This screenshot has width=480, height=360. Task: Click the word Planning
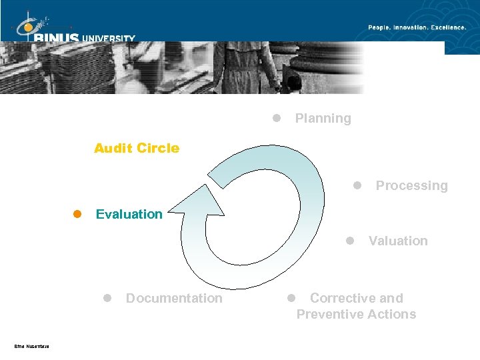pyautogui.click(x=323, y=119)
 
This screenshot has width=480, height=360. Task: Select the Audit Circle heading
pyautogui.click(x=137, y=148)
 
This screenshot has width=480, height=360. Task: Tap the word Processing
pyautogui.click(x=411, y=186)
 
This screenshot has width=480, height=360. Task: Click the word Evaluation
pyautogui.click(x=129, y=214)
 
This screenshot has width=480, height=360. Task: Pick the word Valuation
pyautogui.click(x=398, y=241)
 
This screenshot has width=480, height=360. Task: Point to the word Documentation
pyautogui.click(x=174, y=299)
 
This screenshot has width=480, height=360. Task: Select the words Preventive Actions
pyautogui.click(x=356, y=315)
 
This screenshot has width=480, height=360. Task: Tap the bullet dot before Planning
pyautogui.click(x=276, y=118)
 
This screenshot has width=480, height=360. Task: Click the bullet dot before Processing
pyautogui.click(x=357, y=185)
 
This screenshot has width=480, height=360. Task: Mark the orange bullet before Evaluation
pyautogui.click(x=77, y=214)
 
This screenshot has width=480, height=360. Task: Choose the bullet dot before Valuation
pyautogui.click(x=350, y=241)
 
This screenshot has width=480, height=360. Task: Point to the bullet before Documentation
pyautogui.click(x=107, y=298)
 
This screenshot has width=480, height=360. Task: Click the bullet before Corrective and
pyautogui.click(x=291, y=298)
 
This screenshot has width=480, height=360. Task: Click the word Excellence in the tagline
pyautogui.click(x=449, y=27)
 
